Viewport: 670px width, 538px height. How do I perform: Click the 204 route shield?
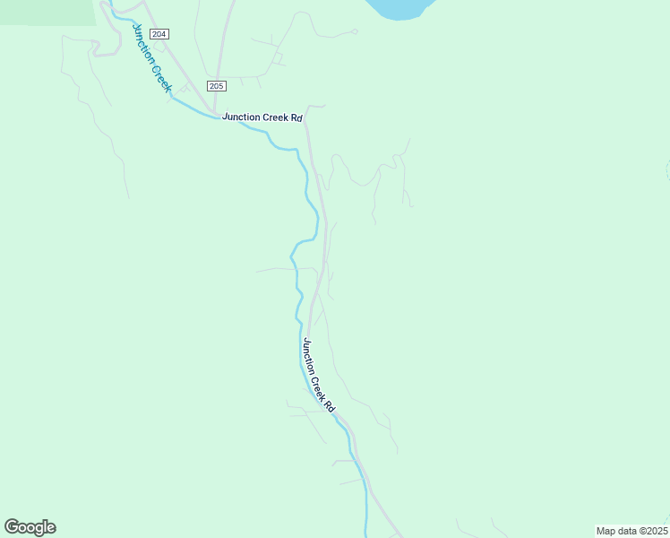[x=158, y=33]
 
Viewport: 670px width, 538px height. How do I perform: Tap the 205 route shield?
[x=216, y=86]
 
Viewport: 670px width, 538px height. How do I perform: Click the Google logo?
[x=30, y=527]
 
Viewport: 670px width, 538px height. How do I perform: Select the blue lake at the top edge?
[x=402, y=7]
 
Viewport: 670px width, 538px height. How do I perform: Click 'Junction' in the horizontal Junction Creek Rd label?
[x=242, y=117]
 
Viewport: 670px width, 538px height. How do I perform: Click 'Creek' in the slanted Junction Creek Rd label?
[x=322, y=388]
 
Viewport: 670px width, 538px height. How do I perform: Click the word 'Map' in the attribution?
[x=607, y=531]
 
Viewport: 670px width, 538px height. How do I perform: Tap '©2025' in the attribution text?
[x=654, y=531]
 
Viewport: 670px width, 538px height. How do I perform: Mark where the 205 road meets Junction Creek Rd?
[x=215, y=111]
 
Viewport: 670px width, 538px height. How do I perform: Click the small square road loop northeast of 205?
[x=277, y=58]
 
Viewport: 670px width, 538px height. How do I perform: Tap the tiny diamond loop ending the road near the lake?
[x=355, y=31]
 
